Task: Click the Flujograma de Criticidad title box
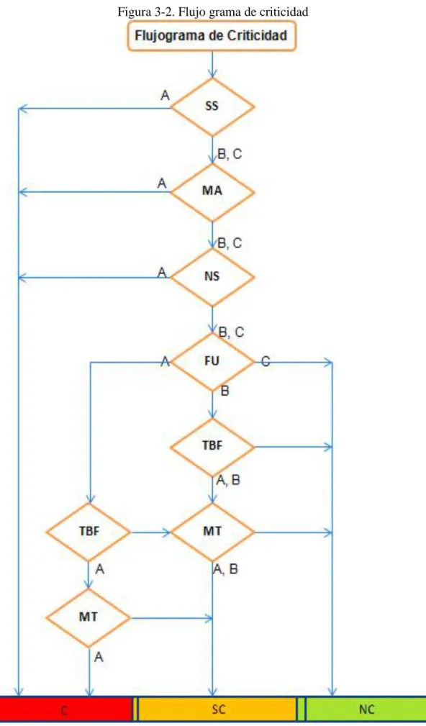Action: pyautogui.click(x=212, y=36)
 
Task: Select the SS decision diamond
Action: pyautogui.click(x=212, y=106)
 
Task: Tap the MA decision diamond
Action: pyautogui.click(x=212, y=191)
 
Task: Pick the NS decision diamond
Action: pyautogui.click(x=212, y=277)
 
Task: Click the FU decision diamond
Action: pyautogui.click(x=212, y=362)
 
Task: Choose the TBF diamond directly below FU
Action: pyautogui.click(x=212, y=447)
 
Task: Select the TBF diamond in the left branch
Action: pyautogui.click(x=88, y=532)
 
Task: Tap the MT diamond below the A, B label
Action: pyautogui.click(x=212, y=532)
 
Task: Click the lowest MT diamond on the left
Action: pyautogui.click(x=88, y=617)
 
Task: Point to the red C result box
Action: pyautogui.click(x=65, y=709)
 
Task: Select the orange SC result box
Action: pyautogui.click(x=217, y=709)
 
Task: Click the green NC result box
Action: pyautogui.click(x=366, y=709)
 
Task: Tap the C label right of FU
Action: pyautogui.click(x=266, y=361)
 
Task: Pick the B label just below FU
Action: pyautogui.click(x=225, y=391)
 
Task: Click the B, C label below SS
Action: pyautogui.click(x=230, y=154)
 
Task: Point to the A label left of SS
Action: pyautogui.click(x=165, y=96)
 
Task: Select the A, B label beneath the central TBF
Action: pyautogui.click(x=228, y=481)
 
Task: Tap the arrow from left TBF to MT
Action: pyautogui.click(x=150, y=532)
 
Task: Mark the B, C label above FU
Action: pyautogui.click(x=231, y=332)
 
